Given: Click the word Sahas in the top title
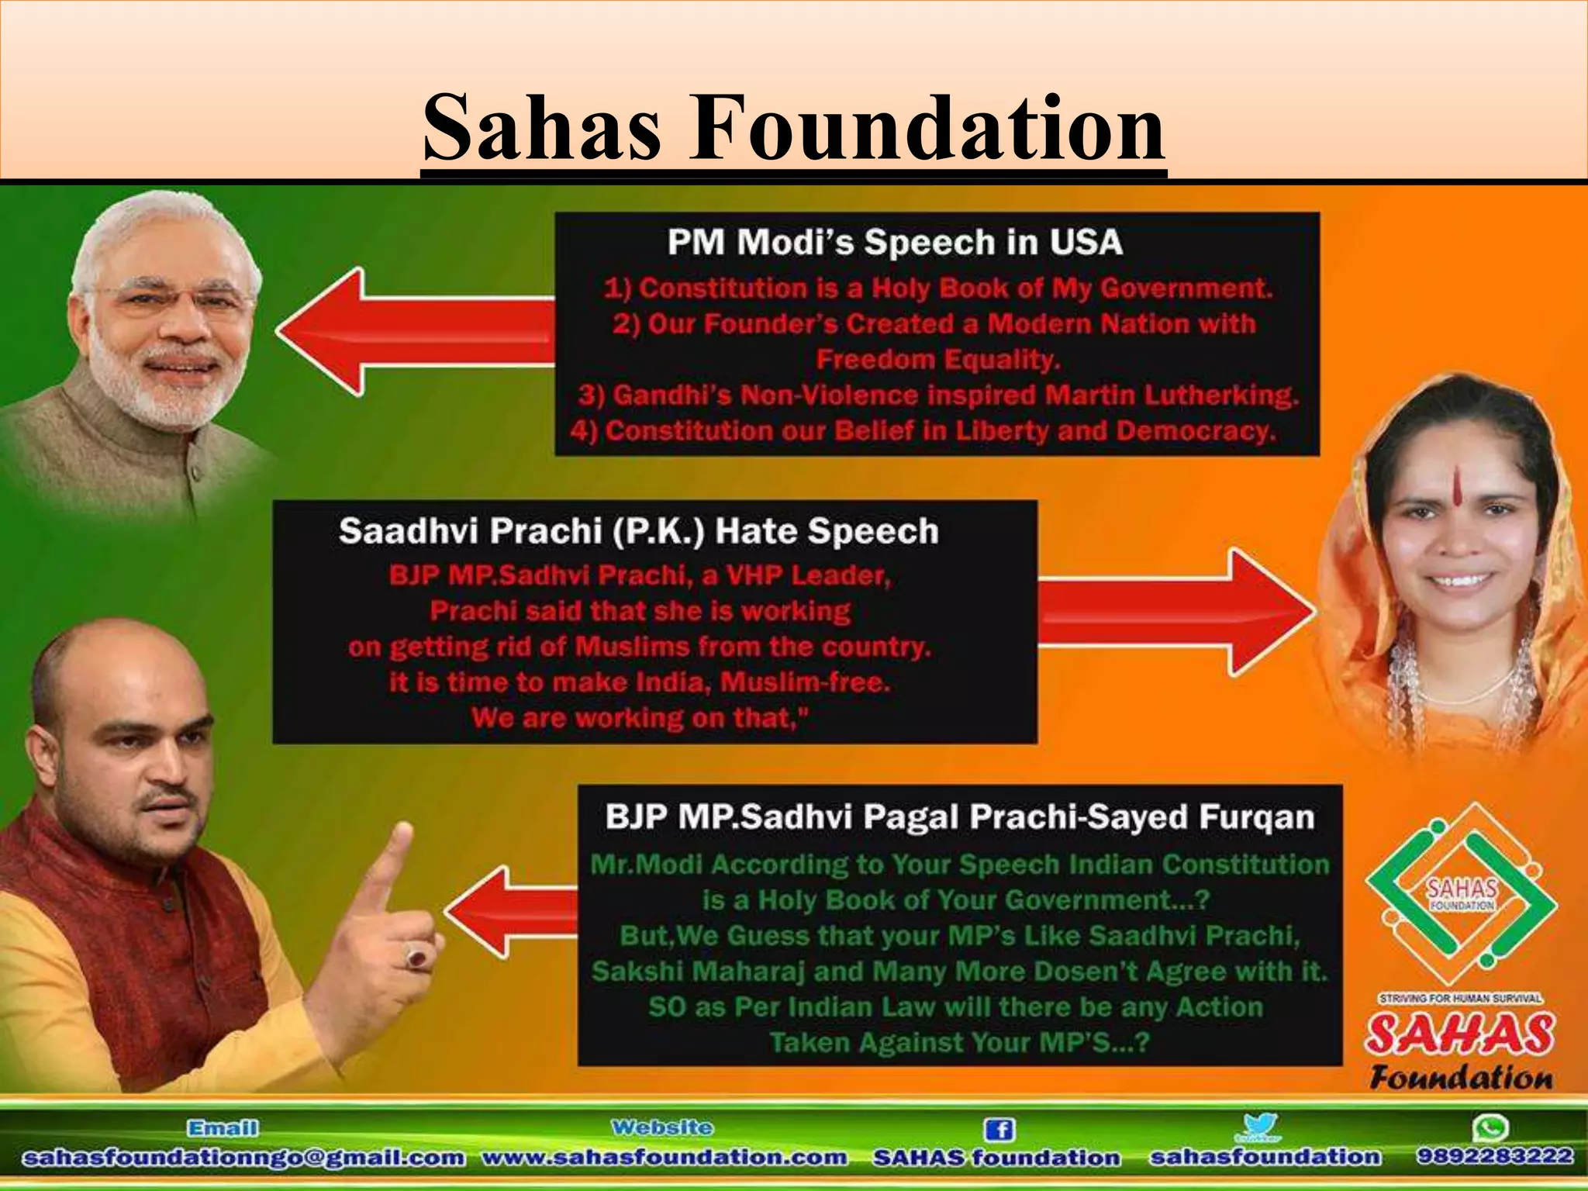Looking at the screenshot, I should [543, 126].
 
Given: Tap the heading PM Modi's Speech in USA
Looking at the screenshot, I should [895, 243].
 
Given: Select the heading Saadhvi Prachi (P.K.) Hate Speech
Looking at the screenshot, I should [638, 532].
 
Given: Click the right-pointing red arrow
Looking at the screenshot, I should [1175, 610].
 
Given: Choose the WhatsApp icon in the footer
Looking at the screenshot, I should [1493, 1127].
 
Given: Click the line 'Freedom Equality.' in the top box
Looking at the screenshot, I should [937, 360].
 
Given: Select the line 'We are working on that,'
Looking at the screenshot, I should [639, 718].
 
